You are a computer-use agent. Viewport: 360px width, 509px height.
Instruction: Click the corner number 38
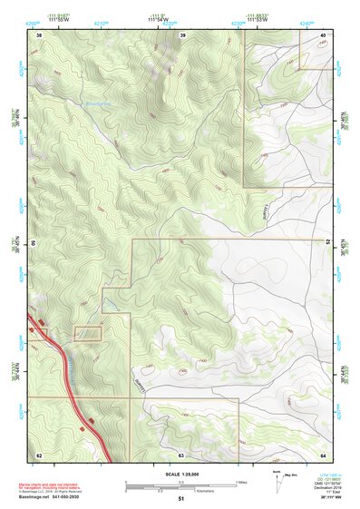39,34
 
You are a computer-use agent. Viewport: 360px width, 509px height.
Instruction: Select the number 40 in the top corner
324,34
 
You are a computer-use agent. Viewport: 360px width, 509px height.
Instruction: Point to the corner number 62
39,455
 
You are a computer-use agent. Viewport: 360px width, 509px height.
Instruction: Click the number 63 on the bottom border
181,455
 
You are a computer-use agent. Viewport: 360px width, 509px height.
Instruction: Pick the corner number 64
324,455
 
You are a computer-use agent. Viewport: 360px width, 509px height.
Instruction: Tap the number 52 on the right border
329,243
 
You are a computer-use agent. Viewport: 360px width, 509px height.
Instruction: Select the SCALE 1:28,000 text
181,475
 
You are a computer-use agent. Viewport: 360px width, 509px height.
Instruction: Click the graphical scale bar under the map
180,483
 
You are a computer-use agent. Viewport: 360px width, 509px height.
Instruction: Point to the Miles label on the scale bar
241,481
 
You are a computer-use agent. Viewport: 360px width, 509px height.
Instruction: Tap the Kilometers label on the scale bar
193,489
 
